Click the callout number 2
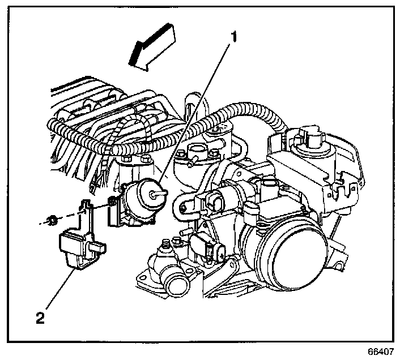(40, 318)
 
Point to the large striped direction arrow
(152, 49)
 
